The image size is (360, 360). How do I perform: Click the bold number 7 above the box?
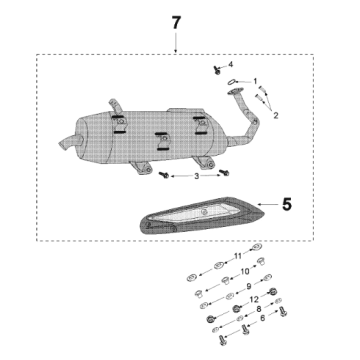pos(177,22)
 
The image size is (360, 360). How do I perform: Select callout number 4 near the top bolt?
pos(229,64)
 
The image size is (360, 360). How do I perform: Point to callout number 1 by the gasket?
pos(255,80)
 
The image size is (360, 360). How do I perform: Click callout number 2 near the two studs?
pos(277,114)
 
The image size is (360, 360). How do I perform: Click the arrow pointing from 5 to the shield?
pos(268,205)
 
